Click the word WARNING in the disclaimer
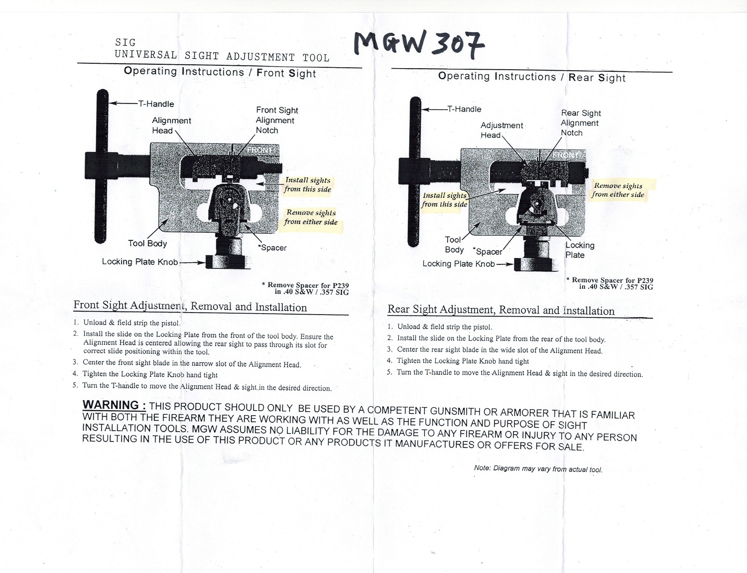click(x=114, y=405)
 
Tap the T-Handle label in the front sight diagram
click(x=156, y=104)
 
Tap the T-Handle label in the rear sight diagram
click(x=464, y=109)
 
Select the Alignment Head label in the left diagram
click(x=171, y=125)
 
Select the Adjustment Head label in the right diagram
click(x=501, y=130)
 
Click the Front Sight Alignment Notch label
click(x=276, y=120)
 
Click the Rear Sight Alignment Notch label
click(x=581, y=123)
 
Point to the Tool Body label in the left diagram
click(x=147, y=243)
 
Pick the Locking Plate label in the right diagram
click(x=580, y=250)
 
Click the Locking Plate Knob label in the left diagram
click(x=140, y=262)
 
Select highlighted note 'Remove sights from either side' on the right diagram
click(x=618, y=190)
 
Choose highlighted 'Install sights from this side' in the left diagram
click(x=307, y=185)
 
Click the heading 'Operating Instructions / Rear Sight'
click(x=531, y=77)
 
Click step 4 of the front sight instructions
click(x=149, y=374)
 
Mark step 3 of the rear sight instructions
click(x=499, y=350)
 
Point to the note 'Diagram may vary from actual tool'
click(x=538, y=469)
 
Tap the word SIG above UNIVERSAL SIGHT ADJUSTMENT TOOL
click(x=125, y=43)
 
